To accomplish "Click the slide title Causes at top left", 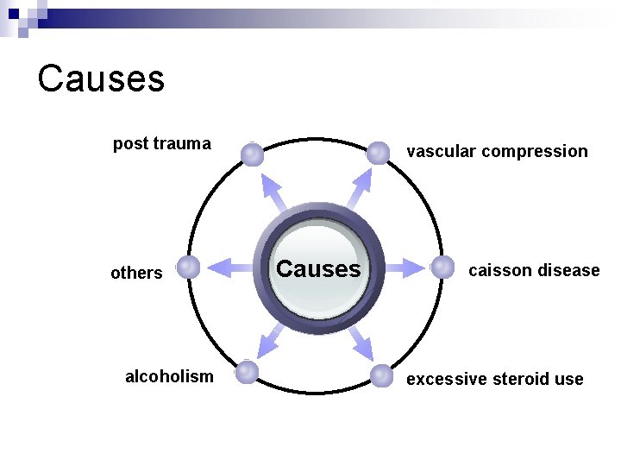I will pyautogui.click(x=101, y=79).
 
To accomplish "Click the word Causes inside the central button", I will pyautogui.click(x=318, y=269).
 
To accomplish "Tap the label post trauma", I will pyautogui.click(x=161, y=144).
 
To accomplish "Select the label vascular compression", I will pyautogui.click(x=497, y=152).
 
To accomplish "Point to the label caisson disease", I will pyautogui.click(x=533, y=270).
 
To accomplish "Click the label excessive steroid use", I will pyautogui.click(x=494, y=379).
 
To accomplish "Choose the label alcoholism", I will pyautogui.click(x=169, y=376).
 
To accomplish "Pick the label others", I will pyautogui.click(x=136, y=273).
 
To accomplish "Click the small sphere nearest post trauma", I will pyautogui.click(x=252, y=154).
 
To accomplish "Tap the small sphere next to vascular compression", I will pyautogui.click(x=378, y=154).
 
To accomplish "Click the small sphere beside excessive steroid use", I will pyautogui.click(x=381, y=375).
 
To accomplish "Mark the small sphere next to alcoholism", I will pyautogui.click(x=248, y=372).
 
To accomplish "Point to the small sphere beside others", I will pyautogui.click(x=188, y=268).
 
